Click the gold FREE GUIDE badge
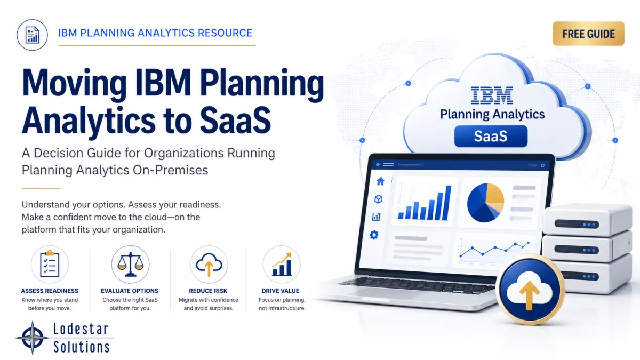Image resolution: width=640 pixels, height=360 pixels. click(588, 34)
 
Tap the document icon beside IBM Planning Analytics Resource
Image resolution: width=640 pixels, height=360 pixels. click(33, 35)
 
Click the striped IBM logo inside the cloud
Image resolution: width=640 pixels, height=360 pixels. click(492, 95)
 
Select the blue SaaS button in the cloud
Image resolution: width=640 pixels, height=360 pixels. click(491, 136)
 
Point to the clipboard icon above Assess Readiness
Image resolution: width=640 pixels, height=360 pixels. click(50, 264)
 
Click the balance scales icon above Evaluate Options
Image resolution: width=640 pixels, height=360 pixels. click(130, 264)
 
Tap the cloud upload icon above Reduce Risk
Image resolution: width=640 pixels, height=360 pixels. click(209, 264)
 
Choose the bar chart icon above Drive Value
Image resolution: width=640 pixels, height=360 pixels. click(282, 264)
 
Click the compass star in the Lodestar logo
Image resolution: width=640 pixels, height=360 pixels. click(33, 338)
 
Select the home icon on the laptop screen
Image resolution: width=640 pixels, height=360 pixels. click(380, 181)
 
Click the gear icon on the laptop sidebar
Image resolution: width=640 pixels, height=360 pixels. click(374, 235)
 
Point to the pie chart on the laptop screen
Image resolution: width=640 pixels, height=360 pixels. click(485, 203)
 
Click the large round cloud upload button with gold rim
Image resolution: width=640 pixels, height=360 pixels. click(530, 290)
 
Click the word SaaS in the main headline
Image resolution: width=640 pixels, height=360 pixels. click(235, 121)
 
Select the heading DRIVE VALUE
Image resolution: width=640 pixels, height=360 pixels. click(281, 291)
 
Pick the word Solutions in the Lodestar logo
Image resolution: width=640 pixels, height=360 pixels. click(82, 347)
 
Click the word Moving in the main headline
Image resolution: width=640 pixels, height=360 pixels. click(74, 83)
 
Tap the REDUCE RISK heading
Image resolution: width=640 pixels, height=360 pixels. click(208, 291)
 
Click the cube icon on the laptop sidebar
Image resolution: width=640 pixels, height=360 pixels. click(378, 199)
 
